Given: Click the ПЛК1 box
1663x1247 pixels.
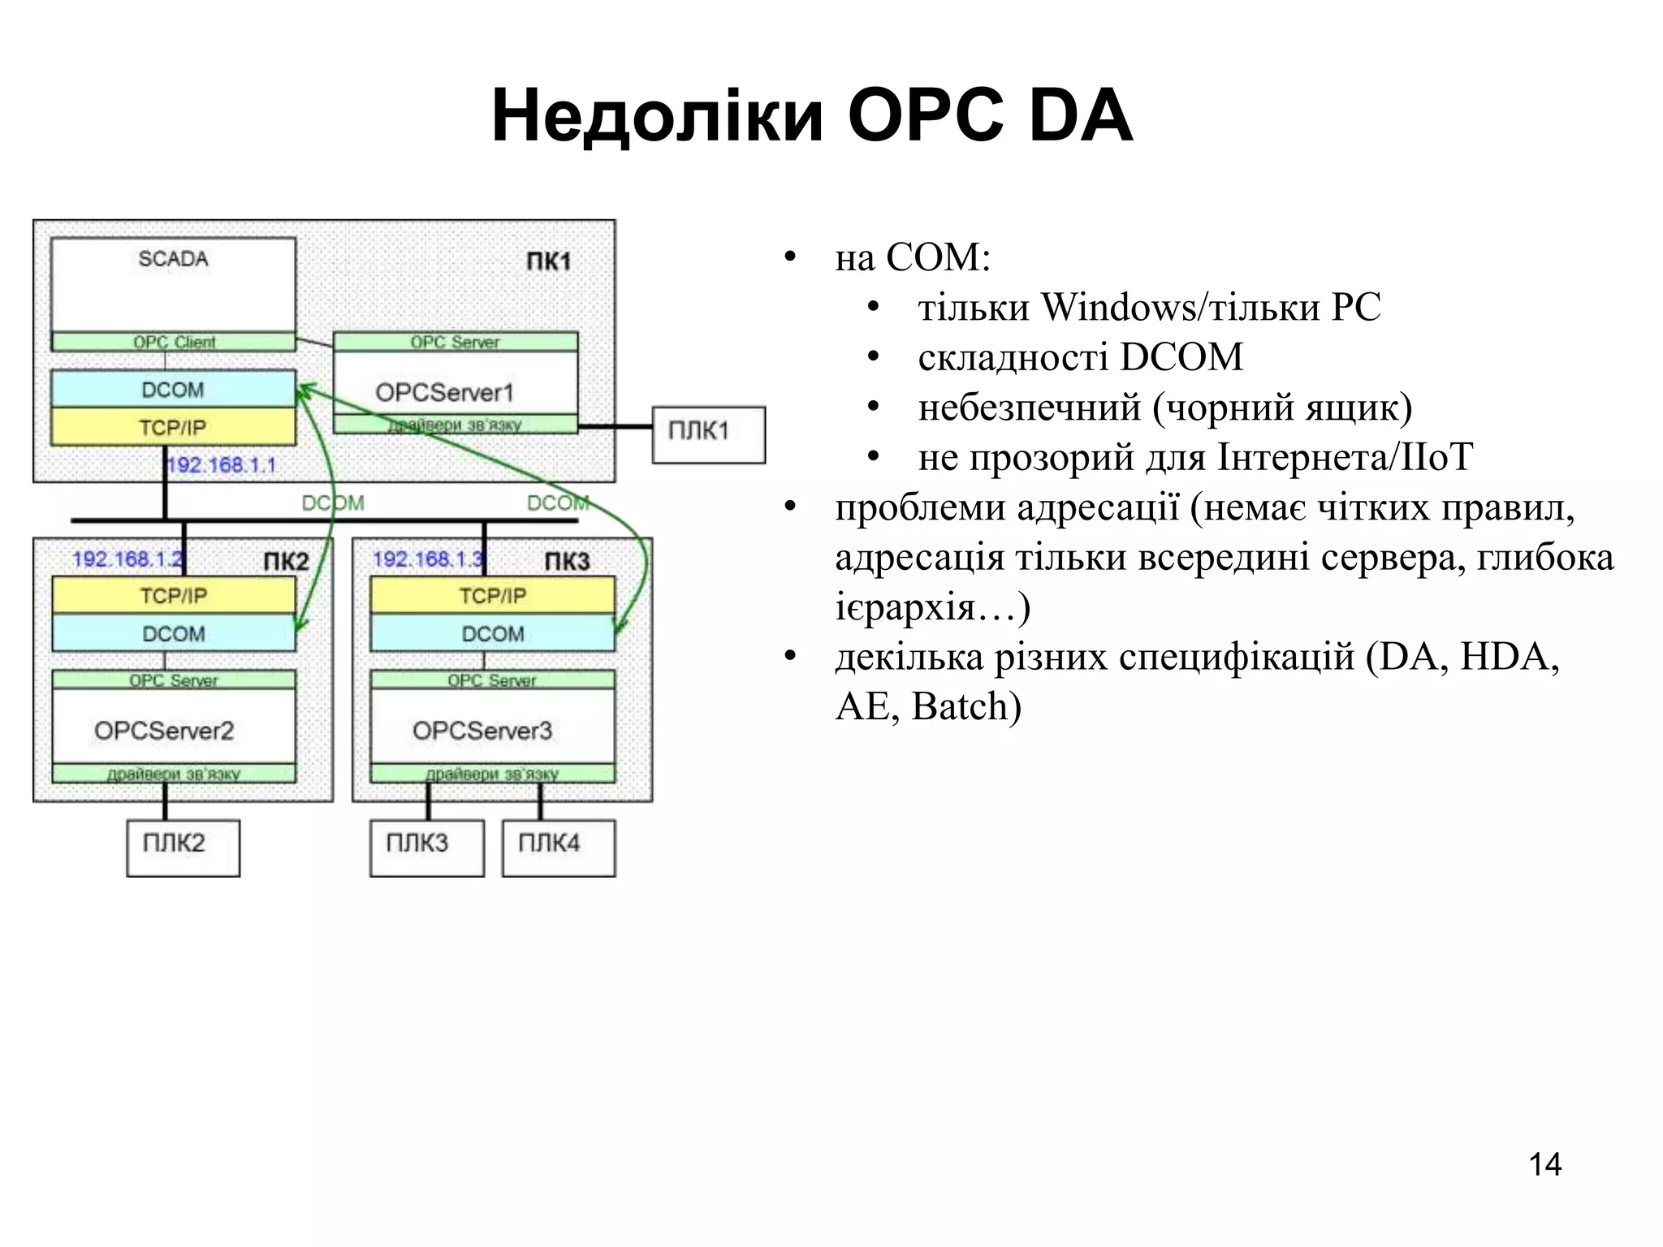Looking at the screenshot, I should pyautogui.click(x=708, y=434).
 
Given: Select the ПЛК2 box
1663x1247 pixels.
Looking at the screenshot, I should pyautogui.click(x=183, y=847).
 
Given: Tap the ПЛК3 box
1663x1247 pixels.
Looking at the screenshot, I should pyautogui.click(x=426, y=847).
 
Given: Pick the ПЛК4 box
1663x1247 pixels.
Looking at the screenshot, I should pyautogui.click(x=559, y=847).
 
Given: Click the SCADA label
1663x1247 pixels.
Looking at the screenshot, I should pyautogui.click(x=173, y=259).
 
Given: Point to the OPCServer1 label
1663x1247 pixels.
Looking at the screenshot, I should pyautogui.click(x=444, y=393).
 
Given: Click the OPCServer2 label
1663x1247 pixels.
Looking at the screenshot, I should pyautogui.click(x=164, y=731).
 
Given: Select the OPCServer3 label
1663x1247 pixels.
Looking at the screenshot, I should pyautogui.click(x=482, y=731).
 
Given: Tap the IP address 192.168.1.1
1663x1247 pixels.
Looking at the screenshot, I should pyautogui.click(x=221, y=465).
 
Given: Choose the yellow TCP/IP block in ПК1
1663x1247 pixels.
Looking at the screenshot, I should pyautogui.click(x=173, y=427).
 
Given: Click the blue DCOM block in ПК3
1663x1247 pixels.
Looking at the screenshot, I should pyautogui.click(x=492, y=633).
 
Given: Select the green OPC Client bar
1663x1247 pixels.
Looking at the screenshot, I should pyautogui.click(x=173, y=342).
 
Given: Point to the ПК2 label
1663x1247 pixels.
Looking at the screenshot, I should pyautogui.click(x=286, y=562).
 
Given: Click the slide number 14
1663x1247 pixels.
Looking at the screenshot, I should pyautogui.click(x=1544, y=1164).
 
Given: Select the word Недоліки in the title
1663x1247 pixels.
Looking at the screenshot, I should pyautogui.click(x=658, y=116).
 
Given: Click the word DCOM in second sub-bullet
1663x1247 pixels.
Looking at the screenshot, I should pyautogui.click(x=1181, y=357).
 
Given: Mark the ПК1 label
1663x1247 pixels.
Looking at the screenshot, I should pyautogui.click(x=549, y=261).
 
